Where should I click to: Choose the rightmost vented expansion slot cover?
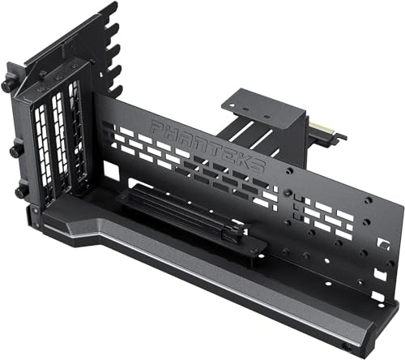(78, 136)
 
